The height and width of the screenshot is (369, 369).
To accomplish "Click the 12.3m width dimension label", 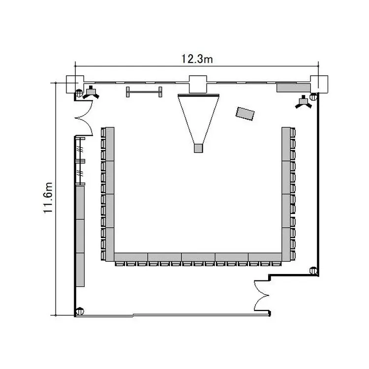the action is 197,59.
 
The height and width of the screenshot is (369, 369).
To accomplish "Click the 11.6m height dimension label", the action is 48,198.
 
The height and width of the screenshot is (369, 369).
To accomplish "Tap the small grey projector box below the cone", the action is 198,148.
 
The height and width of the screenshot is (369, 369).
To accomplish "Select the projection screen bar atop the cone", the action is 199,95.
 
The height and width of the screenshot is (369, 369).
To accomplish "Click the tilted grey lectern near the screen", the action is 245,114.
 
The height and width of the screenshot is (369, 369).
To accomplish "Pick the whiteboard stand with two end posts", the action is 144,92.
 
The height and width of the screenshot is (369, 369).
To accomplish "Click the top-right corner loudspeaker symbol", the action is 304,102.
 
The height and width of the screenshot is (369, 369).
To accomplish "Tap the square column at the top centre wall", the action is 198,84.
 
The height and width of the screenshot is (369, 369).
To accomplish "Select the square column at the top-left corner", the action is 75,84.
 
